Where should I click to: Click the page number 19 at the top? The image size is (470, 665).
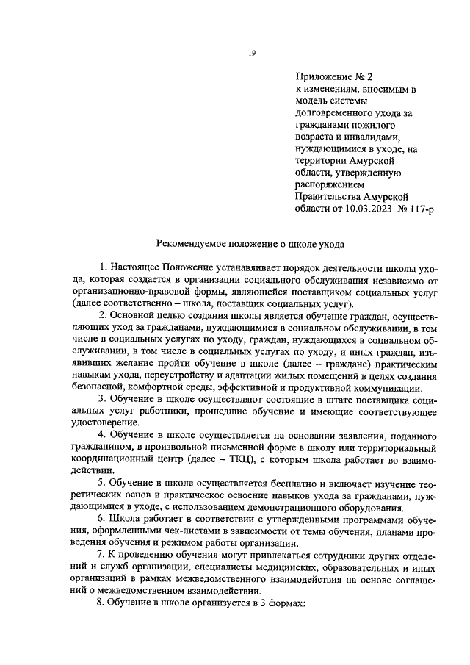(251, 52)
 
